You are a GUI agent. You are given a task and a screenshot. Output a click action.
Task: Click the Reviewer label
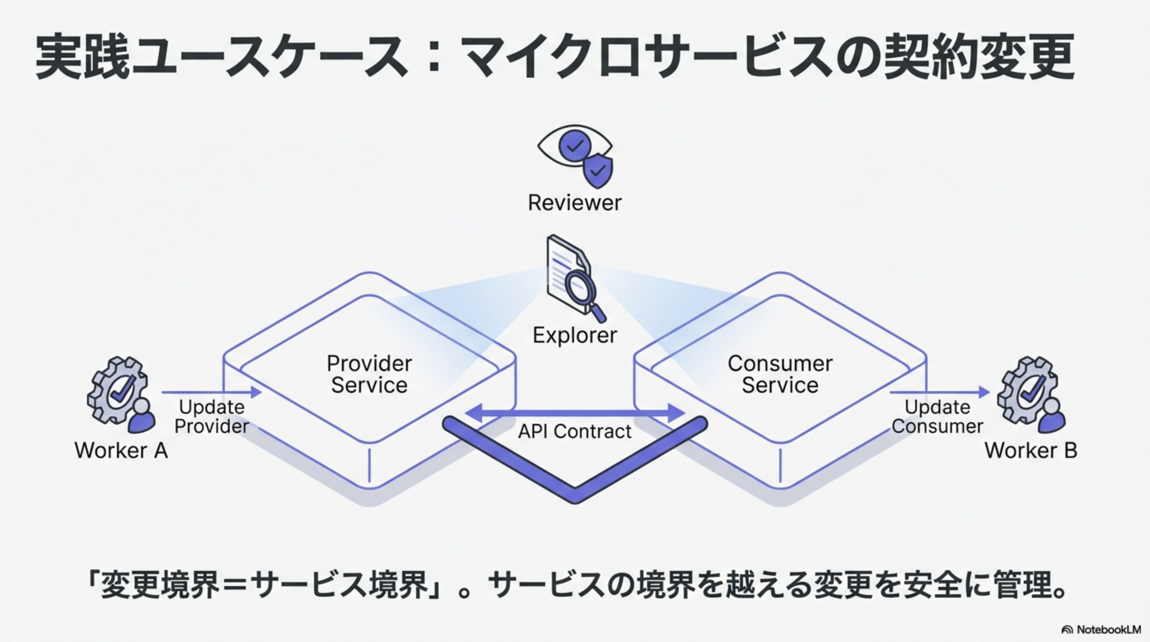(575, 203)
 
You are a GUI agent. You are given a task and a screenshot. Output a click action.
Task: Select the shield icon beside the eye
(599, 170)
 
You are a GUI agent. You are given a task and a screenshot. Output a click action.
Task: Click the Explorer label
(575, 335)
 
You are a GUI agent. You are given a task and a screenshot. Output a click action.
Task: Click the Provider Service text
(369, 374)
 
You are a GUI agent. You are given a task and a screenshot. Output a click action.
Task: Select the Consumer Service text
(780, 374)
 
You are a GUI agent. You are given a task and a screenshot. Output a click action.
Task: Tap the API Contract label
(575, 431)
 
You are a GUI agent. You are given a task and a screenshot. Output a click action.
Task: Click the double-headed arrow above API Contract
(575, 413)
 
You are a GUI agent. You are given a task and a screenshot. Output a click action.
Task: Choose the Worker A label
(121, 450)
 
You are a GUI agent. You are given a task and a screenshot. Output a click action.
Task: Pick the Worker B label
(1031, 450)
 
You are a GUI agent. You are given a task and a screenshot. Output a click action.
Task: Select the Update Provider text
(211, 417)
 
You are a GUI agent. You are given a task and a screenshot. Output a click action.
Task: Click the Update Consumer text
(937, 417)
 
